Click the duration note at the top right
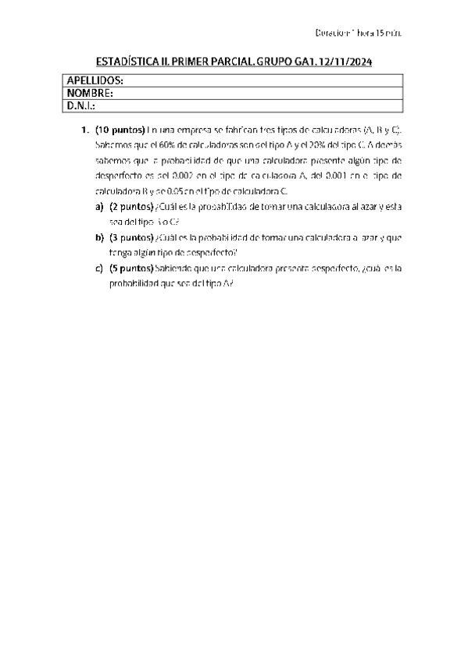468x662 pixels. click(358, 34)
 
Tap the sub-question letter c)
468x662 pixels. click(99, 268)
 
